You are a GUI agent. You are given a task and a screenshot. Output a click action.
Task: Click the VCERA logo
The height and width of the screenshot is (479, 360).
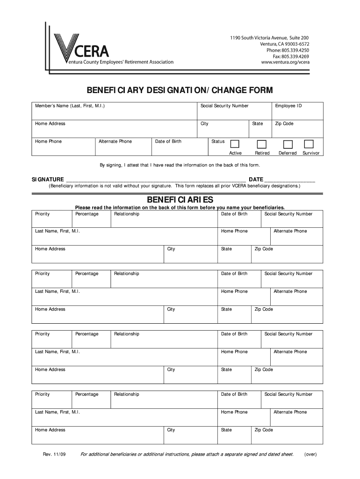(x=82, y=49)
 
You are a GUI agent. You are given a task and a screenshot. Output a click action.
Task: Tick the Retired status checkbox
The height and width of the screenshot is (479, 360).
(x=262, y=144)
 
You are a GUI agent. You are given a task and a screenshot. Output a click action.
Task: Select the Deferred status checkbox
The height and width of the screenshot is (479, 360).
(x=288, y=144)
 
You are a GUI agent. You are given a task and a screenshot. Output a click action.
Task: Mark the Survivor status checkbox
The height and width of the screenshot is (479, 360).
(x=310, y=144)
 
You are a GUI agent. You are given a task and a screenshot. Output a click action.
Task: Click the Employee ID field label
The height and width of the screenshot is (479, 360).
(x=288, y=106)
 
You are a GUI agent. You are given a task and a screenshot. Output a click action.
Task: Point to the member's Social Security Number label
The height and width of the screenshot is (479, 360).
(x=224, y=106)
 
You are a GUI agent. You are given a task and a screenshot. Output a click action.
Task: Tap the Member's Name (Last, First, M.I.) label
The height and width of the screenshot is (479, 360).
(x=70, y=106)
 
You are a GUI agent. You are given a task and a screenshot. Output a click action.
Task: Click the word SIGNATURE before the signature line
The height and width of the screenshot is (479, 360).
(x=48, y=179)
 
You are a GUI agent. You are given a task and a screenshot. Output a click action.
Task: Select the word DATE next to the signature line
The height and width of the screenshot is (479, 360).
(x=256, y=179)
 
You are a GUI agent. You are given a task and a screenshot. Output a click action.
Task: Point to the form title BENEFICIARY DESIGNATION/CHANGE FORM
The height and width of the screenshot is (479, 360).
(x=179, y=90)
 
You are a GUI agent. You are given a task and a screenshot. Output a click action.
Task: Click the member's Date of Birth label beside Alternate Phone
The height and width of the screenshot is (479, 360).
(x=168, y=141)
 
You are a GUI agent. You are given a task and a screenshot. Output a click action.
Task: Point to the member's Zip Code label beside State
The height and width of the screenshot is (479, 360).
(x=284, y=123)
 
